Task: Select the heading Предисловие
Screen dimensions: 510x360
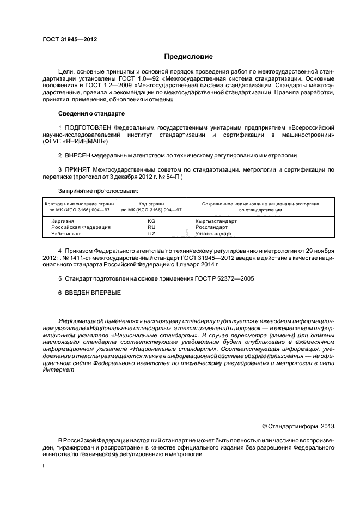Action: (x=189, y=57)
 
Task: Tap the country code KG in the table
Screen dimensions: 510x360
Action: (x=151, y=221)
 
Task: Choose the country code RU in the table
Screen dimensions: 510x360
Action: (x=151, y=227)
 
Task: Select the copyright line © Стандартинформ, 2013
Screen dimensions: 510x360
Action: (x=298, y=426)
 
